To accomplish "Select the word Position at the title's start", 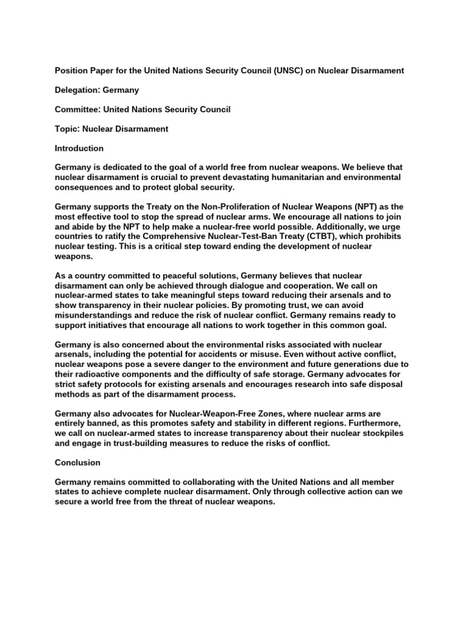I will pos(72,71).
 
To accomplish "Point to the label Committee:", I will pos(78,110).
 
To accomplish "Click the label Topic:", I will pos(67,129).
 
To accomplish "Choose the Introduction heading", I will pos(79,149).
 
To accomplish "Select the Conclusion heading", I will pos(78,463).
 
